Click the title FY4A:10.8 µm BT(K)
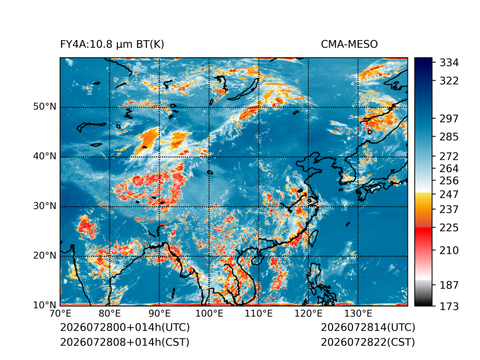click(112, 45)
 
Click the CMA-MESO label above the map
click(349, 45)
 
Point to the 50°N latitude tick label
click(45, 107)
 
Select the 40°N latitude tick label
click(45, 156)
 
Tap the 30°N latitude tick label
click(45, 205)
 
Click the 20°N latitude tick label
click(45, 255)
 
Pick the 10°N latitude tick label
click(45, 305)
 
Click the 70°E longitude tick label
click(60, 314)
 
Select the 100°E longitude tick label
click(209, 314)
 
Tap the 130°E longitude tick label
click(358, 314)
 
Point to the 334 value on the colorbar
click(449, 63)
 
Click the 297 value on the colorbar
click(449, 119)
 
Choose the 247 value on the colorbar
click(449, 194)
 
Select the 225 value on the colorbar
click(449, 228)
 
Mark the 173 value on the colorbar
click(449, 306)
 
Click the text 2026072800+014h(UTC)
click(125, 327)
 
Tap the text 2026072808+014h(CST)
click(124, 342)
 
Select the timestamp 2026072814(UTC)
click(368, 327)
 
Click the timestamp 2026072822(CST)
click(368, 342)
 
